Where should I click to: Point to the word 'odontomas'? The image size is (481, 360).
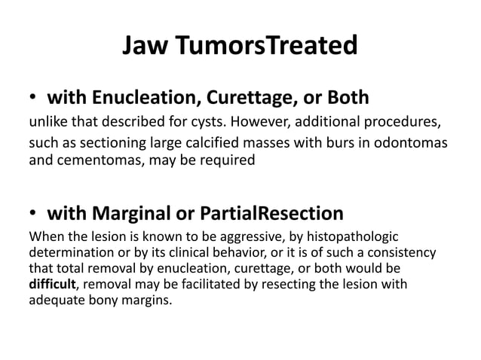pos(419,143)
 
